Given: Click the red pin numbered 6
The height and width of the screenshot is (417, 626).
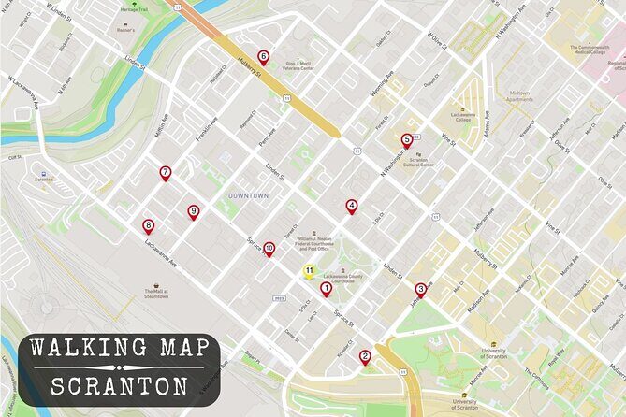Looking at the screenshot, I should [263, 57].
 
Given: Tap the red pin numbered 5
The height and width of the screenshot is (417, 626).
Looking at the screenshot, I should [406, 140].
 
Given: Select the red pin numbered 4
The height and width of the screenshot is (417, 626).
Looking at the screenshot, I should [352, 206].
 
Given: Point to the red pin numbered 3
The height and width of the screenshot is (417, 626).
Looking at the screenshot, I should [420, 289].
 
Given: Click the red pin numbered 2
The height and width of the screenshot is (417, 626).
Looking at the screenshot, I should [365, 355].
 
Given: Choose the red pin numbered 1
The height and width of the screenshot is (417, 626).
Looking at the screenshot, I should [326, 289].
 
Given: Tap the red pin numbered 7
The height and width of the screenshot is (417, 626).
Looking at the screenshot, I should [165, 172].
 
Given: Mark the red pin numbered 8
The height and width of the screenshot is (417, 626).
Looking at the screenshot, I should [148, 225].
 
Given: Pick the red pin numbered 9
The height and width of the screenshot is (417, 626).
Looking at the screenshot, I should [193, 211].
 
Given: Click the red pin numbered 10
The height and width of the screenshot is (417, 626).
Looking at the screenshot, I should [269, 249].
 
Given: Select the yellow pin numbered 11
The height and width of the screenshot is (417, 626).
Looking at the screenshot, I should [308, 272].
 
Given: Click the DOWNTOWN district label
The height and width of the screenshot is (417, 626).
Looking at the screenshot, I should [248, 195].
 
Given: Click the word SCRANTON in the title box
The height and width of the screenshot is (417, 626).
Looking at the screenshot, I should [119, 385].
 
